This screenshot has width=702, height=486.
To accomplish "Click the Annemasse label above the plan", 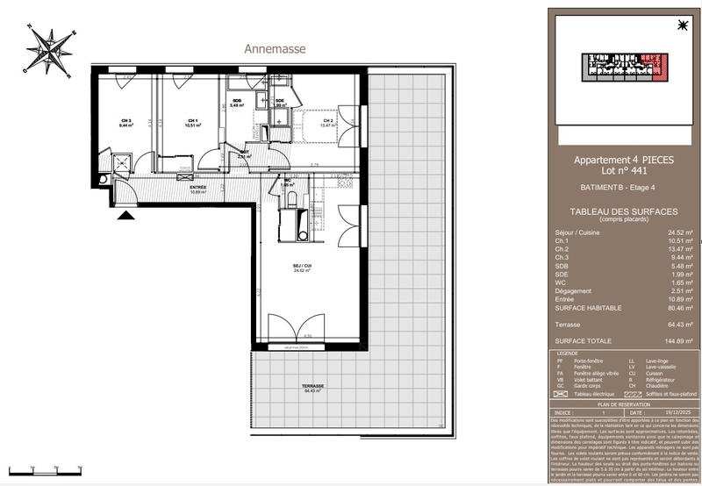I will [275, 49].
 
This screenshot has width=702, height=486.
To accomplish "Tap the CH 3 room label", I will [126, 121].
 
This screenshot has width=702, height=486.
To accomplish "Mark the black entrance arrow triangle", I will [126, 213].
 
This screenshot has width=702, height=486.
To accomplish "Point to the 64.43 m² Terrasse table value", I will [680, 324].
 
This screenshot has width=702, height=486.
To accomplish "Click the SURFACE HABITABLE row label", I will [588, 308].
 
